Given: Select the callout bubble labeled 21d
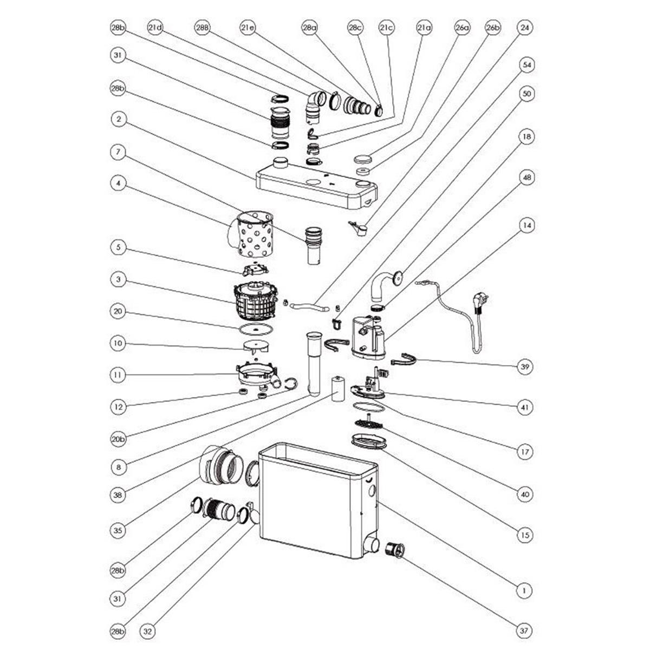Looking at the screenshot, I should pyautogui.click(x=155, y=27).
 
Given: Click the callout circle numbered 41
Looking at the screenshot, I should pyautogui.click(x=524, y=406).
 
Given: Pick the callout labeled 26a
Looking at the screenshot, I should pyautogui.click(x=461, y=27).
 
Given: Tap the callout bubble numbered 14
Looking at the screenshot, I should pyautogui.click(x=524, y=224).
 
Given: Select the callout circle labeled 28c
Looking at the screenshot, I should pyautogui.click(x=355, y=27).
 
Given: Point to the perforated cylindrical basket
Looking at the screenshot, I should pyautogui.click(x=253, y=234).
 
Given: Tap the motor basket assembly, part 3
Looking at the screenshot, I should pyautogui.click(x=256, y=302).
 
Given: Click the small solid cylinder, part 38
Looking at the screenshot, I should pyautogui.click(x=338, y=389).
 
